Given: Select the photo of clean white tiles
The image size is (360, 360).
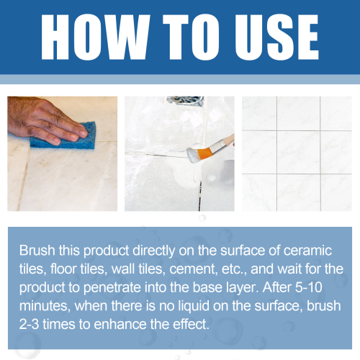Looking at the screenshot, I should click(x=297, y=153).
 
